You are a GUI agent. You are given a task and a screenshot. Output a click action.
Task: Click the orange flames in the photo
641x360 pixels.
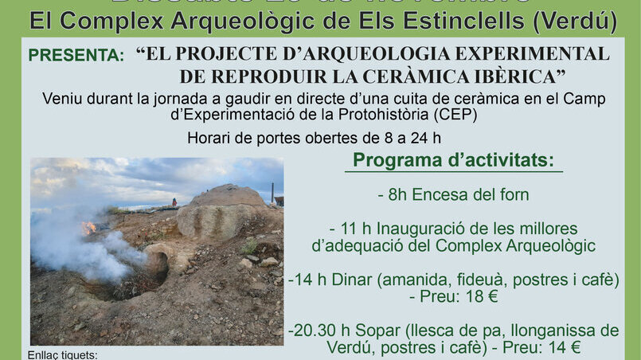[x=88, y=228]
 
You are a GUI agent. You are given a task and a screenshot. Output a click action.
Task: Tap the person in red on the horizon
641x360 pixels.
[x=174, y=202]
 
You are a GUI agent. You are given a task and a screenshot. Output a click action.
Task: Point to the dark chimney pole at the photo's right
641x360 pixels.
[x=272, y=193]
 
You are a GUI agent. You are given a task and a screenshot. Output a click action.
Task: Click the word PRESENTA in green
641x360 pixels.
[x=76, y=56]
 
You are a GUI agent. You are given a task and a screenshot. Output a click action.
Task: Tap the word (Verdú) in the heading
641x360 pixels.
[x=575, y=21]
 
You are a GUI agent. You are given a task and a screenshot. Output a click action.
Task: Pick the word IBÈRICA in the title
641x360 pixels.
[x=522, y=76]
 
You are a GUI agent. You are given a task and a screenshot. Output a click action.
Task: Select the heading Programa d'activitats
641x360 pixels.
[x=453, y=160]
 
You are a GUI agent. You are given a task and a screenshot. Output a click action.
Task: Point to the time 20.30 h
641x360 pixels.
[x=315, y=330]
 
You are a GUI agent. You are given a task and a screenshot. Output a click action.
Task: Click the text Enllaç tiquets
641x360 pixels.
[x=62, y=354]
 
